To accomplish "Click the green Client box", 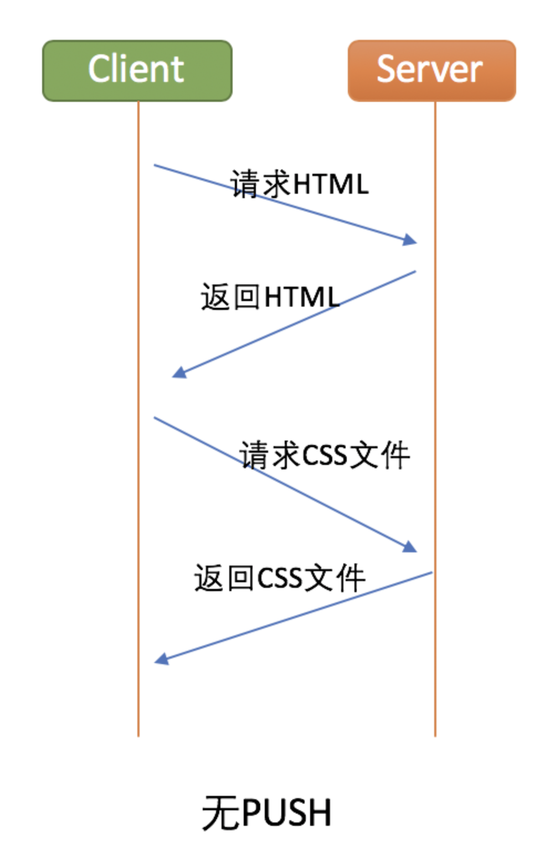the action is point(137,70).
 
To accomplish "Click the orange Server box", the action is point(431,70).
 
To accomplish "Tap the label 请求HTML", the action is point(299,184).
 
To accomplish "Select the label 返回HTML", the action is point(270,297).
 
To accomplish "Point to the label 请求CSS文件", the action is point(325,455).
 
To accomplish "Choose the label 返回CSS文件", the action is point(280,578).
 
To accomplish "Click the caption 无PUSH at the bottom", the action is point(266,813).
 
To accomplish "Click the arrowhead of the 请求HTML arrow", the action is point(410,240).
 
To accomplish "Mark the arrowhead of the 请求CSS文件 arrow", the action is point(410,547).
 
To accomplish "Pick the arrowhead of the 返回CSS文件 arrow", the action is point(161,659).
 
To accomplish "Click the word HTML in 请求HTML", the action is point(330,184).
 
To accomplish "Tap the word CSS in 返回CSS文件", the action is point(280,578).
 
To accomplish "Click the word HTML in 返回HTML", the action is point(301,297).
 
